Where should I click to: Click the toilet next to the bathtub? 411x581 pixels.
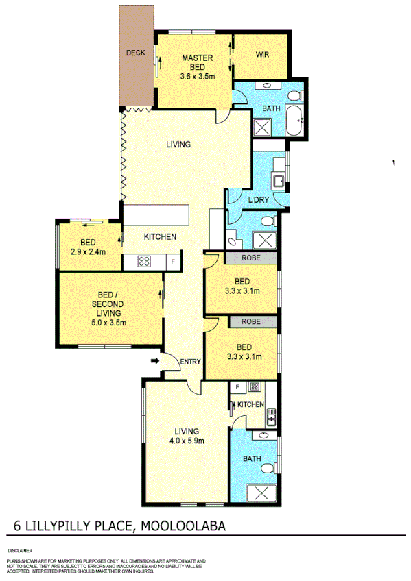pos(294,95)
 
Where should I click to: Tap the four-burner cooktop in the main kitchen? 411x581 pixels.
pos(145,261)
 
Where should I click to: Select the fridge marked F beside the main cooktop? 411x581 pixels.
pos(173,261)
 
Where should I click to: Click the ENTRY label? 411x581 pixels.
pos(189,362)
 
